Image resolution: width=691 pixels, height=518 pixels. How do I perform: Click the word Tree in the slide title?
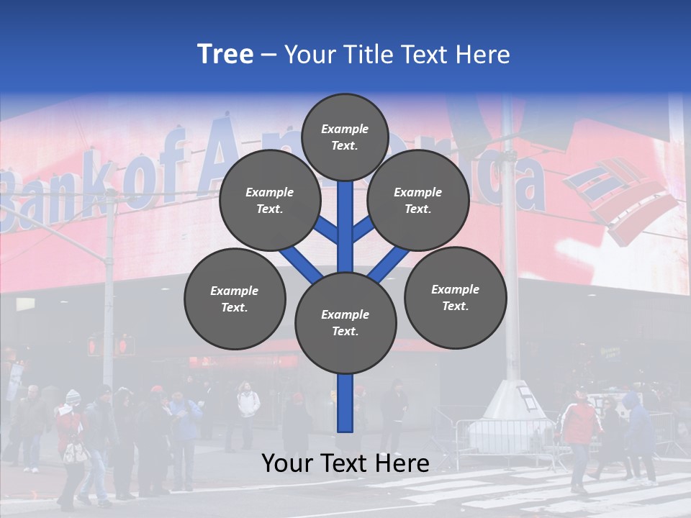(225, 54)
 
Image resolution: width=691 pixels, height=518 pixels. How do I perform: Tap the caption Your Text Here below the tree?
(345, 463)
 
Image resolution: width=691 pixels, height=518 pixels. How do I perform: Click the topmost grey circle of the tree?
(345, 137)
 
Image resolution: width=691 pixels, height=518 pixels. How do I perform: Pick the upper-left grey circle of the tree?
(269, 200)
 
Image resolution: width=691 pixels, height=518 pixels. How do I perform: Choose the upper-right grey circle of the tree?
(417, 200)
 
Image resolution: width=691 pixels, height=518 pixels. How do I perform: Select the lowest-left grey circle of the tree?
(234, 299)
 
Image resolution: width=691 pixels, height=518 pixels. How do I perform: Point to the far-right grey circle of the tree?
(455, 297)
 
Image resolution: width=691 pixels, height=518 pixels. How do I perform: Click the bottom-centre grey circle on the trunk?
(345, 322)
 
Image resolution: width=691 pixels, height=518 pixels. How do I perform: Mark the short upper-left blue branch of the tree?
(325, 229)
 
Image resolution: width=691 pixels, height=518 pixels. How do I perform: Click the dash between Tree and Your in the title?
(269, 55)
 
